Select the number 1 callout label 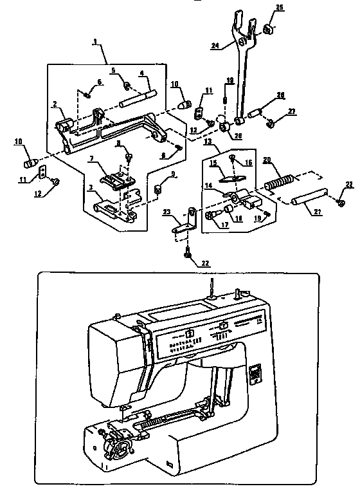tap(95, 42)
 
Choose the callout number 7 tap(93, 158)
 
